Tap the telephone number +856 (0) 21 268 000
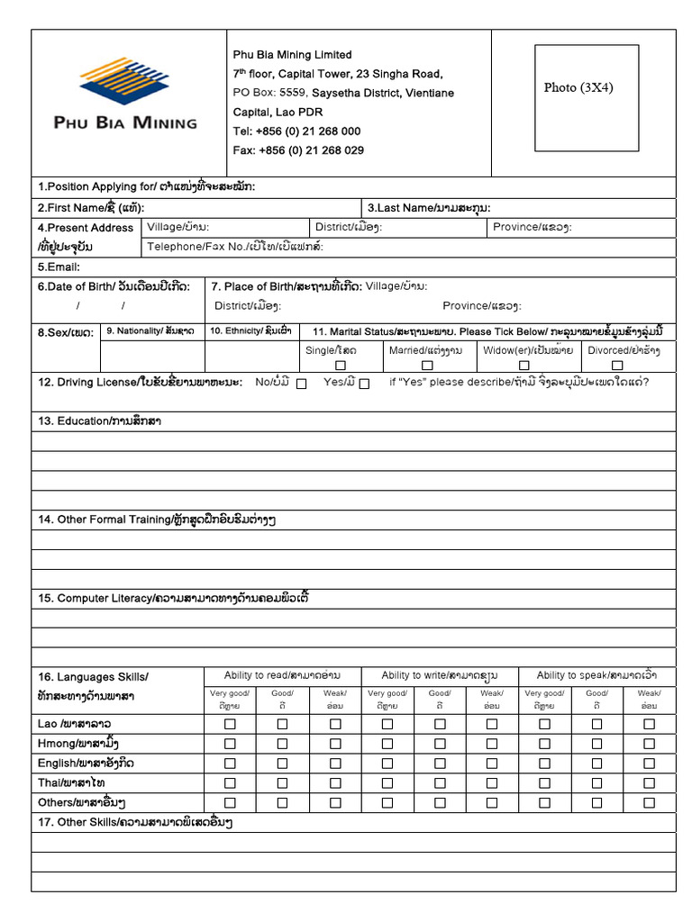point(308,131)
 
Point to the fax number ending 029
point(311,151)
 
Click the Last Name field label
point(429,208)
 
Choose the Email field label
point(59,267)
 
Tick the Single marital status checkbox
point(341,366)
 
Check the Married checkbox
point(426,366)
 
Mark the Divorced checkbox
point(617,366)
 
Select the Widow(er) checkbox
point(524,366)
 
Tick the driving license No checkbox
point(301,384)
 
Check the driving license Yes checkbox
point(364,384)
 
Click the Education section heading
point(99,421)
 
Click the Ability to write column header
point(439,675)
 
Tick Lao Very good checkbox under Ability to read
point(230,724)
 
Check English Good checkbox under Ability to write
point(440,764)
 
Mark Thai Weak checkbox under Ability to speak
point(649,783)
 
